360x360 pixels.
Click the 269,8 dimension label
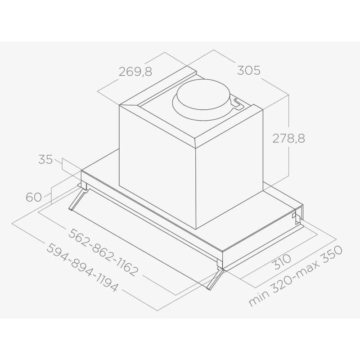[135, 72]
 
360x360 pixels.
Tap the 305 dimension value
[249, 70]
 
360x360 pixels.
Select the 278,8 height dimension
[288, 139]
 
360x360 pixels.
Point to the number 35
[45, 159]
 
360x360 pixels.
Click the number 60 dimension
[34, 197]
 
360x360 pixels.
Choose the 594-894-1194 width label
[83, 268]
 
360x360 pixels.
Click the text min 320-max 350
[296, 276]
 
